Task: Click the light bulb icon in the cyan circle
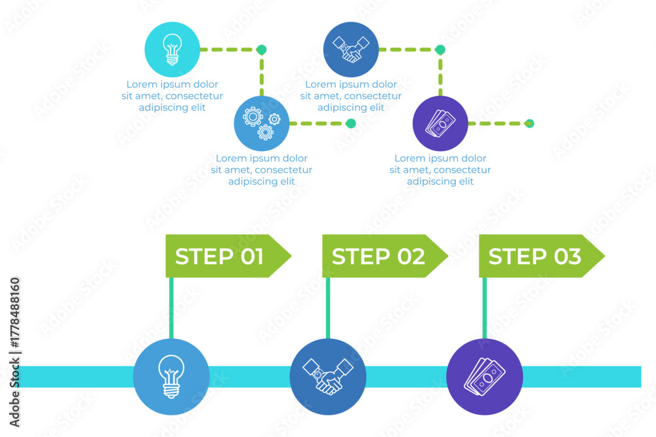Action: pyautogui.click(x=173, y=49)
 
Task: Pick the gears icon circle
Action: pyautogui.click(x=262, y=123)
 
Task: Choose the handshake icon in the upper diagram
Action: pyautogui.click(x=351, y=49)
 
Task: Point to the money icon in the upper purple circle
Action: pyautogui.click(x=440, y=123)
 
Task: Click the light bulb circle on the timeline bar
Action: pyautogui.click(x=171, y=377)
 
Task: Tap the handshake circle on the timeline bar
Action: pyautogui.click(x=328, y=377)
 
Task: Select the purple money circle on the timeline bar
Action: pyautogui.click(x=485, y=377)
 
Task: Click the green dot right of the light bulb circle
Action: pyautogui.click(x=262, y=50)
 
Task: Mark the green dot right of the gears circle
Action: pyautogui.click(x=351, y=123)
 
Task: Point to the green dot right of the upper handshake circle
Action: pyautogui.click(x=440, y=50)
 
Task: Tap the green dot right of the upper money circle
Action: pyautogui.click(x=529, y=123)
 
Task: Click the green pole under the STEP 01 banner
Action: pyautogui.click(x=171, y=309)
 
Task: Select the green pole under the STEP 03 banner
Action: pyautogui.click(x=485, y=309)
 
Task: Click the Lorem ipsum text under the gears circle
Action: pyautogui.click(x=262, y=170)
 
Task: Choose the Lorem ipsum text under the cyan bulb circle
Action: pyautogui.click(x=173, y=96)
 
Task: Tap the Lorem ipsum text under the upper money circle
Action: pyautogui.click(x=440, y=170)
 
